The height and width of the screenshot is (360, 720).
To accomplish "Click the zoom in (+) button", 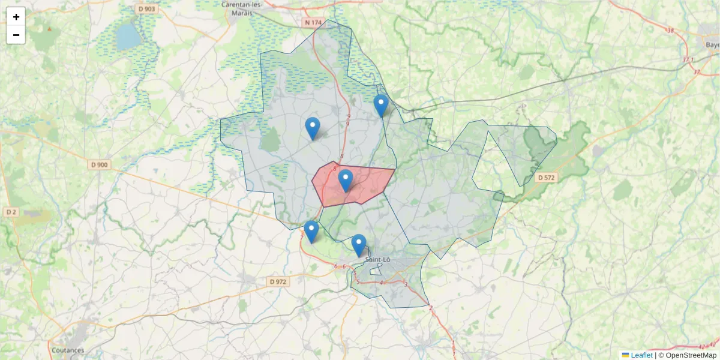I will coord(16,17).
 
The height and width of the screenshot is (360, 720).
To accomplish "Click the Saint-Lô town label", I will coord(378,260).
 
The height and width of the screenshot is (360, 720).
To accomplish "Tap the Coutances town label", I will coord(68,350).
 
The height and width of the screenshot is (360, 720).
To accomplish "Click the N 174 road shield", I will coord(313,23).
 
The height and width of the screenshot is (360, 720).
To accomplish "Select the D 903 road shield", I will coord(145,9).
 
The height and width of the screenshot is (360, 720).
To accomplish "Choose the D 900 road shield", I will coord(100,165).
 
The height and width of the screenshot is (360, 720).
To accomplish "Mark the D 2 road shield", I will coord(11,212).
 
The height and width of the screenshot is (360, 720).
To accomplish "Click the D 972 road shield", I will coord(278,281).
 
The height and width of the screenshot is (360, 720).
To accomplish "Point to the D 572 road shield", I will coord(547,178).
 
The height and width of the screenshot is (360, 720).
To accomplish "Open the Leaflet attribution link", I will coord(641,355).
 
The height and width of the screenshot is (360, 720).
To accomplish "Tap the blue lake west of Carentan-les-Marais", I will coord(127,37).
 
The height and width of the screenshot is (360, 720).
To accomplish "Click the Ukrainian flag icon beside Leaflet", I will coord(625,355).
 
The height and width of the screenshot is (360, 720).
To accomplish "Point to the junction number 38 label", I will coord(670,31).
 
